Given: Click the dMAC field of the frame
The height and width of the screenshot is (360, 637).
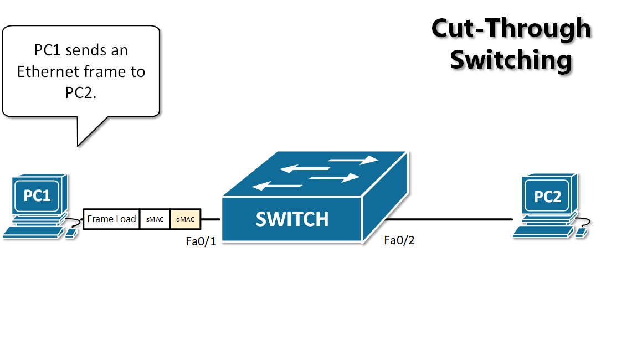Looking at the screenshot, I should click(185, 219).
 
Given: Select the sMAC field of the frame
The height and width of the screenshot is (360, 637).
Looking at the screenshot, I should click(155, 219).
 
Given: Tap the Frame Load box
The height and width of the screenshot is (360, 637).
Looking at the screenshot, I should click(111, 219).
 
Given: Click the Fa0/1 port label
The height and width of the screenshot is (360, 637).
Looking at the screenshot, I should click(201, 241).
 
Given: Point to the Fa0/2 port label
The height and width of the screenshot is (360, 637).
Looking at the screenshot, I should click(399, 240).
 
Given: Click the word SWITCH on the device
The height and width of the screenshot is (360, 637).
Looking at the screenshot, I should click(292, 219).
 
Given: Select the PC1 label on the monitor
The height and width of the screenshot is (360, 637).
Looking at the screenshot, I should click(37, 196).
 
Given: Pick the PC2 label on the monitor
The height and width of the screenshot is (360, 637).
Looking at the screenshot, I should click(547, 197).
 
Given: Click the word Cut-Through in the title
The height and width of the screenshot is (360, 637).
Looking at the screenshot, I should click(511, 28).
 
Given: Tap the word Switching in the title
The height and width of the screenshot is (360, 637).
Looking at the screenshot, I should click(510, 59).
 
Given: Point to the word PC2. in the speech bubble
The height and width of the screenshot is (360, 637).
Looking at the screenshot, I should click(81, 92).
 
